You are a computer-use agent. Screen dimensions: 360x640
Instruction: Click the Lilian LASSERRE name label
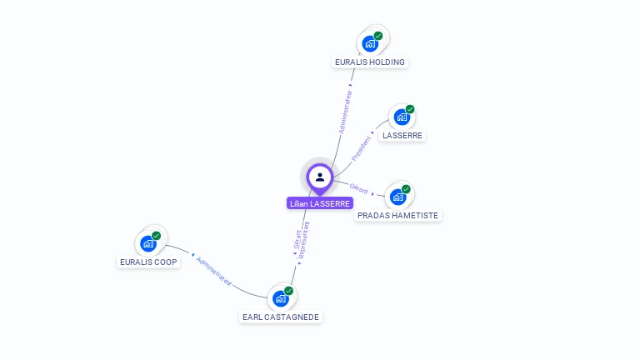(320, 203)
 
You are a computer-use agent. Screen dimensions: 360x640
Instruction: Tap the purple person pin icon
(320, 177)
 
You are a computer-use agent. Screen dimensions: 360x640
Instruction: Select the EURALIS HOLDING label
(369, 62)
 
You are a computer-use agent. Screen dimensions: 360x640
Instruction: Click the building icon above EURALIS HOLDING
(369, 43)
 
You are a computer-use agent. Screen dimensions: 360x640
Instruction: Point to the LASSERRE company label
(402, 135)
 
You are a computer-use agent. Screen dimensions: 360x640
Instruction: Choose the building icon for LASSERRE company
(401, 117)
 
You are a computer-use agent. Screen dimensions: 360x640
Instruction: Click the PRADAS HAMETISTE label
(397, 215)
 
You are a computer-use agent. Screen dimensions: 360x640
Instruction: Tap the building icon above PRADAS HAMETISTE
(397, 197)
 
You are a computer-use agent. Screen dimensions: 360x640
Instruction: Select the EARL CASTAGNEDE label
(281, 317)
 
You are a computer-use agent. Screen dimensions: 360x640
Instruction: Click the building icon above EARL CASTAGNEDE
(280, 298)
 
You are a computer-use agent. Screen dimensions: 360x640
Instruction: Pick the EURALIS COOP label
(148, 262)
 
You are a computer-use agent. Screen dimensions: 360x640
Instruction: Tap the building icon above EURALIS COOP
(147, 243)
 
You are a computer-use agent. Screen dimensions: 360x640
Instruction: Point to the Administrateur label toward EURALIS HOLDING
(345, 112)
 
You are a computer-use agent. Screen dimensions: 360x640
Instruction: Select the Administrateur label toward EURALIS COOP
(214, 272)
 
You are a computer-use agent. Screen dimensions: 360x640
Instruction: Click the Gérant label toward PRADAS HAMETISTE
(359, 189)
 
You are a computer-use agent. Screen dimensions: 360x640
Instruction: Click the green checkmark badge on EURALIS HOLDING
(378, 36)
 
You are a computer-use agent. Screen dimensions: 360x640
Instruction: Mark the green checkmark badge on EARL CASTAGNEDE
(288, 291)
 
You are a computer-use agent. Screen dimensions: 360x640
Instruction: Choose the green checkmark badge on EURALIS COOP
(156, 236)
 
